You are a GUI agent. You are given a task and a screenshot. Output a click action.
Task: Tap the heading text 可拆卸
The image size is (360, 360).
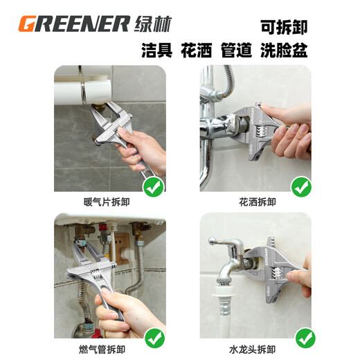coord(284,27)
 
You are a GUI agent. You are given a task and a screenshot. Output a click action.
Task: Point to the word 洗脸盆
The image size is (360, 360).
coord(290,51)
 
